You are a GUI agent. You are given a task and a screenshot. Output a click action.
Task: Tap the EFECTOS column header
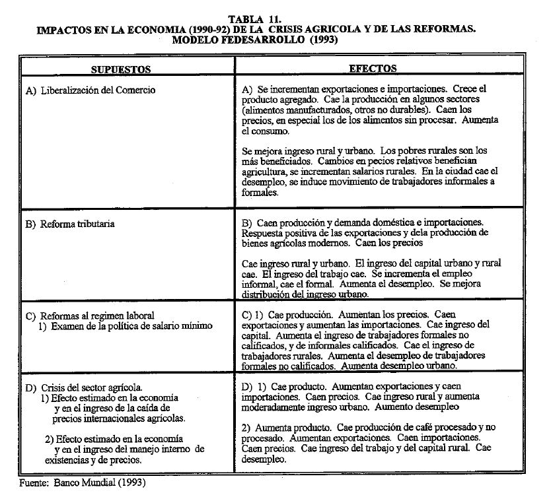point(373,68)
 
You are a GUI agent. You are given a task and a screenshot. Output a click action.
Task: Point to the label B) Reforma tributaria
point(70,224)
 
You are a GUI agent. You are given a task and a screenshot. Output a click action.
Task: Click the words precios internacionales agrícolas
point(120,418)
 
